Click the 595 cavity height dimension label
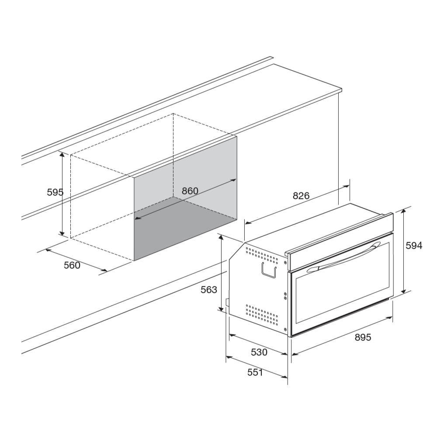coord(55,192)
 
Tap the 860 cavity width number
coord(190,191)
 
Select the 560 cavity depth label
coord(72,265)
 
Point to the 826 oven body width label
coord(301,196)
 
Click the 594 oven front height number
coord(414,246)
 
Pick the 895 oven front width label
coord(363,337)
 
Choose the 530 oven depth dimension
coord(259,352)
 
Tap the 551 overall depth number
coord(255,372)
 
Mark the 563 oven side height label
coord(209,290)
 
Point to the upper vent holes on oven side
coord(262,255)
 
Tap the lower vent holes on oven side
coord(262,315)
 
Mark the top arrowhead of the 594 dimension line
coord(403,212)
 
